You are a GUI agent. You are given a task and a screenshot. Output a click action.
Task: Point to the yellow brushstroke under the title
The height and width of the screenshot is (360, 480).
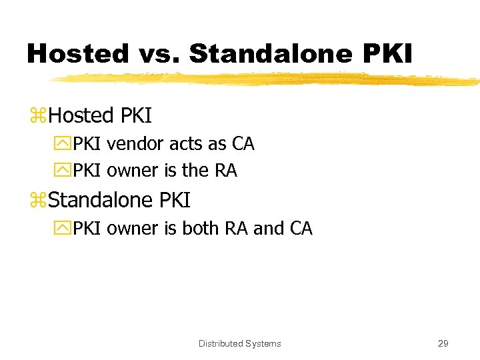tap(267, 80)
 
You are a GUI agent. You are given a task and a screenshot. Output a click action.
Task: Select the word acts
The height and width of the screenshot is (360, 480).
tap(186, 143)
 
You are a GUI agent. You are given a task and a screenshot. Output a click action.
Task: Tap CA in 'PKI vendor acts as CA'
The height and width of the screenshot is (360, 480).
tap(243, 143)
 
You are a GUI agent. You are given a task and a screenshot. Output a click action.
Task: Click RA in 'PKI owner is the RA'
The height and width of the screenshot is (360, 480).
tap(225, 171)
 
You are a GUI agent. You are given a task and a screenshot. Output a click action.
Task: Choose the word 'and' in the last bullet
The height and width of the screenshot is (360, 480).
tap(269, 228)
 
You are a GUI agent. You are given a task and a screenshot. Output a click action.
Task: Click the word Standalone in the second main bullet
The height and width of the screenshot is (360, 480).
tap(102, 200)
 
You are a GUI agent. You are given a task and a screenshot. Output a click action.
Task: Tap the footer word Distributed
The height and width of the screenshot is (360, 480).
tap(220, 344)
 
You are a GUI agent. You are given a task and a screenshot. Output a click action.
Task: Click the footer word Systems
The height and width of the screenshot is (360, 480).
tap(263, 344)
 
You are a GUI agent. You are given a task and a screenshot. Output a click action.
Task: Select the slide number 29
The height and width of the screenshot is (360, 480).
tap(443, 344)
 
